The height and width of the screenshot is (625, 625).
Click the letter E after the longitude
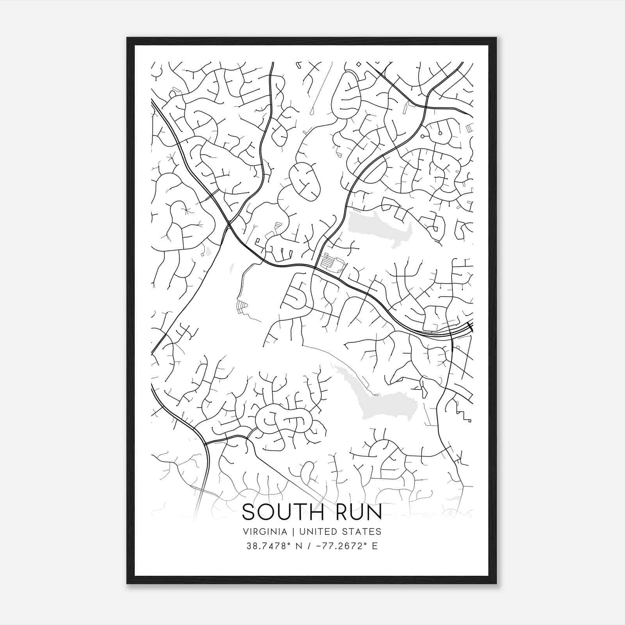click(374, 546)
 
